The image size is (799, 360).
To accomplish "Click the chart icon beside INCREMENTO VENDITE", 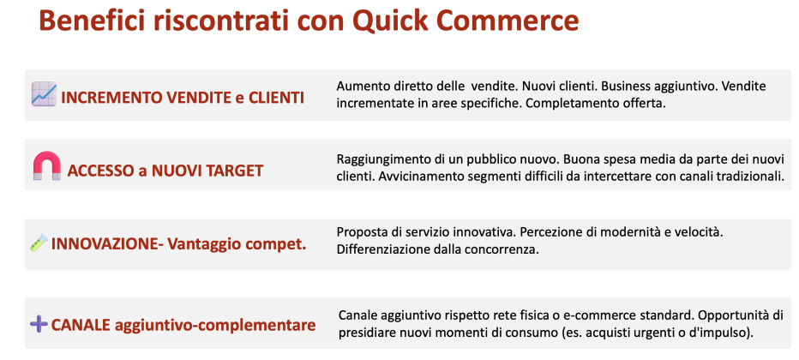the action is [44, 94].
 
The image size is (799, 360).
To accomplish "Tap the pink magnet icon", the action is [47, 165].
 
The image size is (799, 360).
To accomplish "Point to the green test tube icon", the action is [39, 243].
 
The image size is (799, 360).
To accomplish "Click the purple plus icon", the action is [39, 324].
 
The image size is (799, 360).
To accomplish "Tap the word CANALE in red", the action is [81, 324].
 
